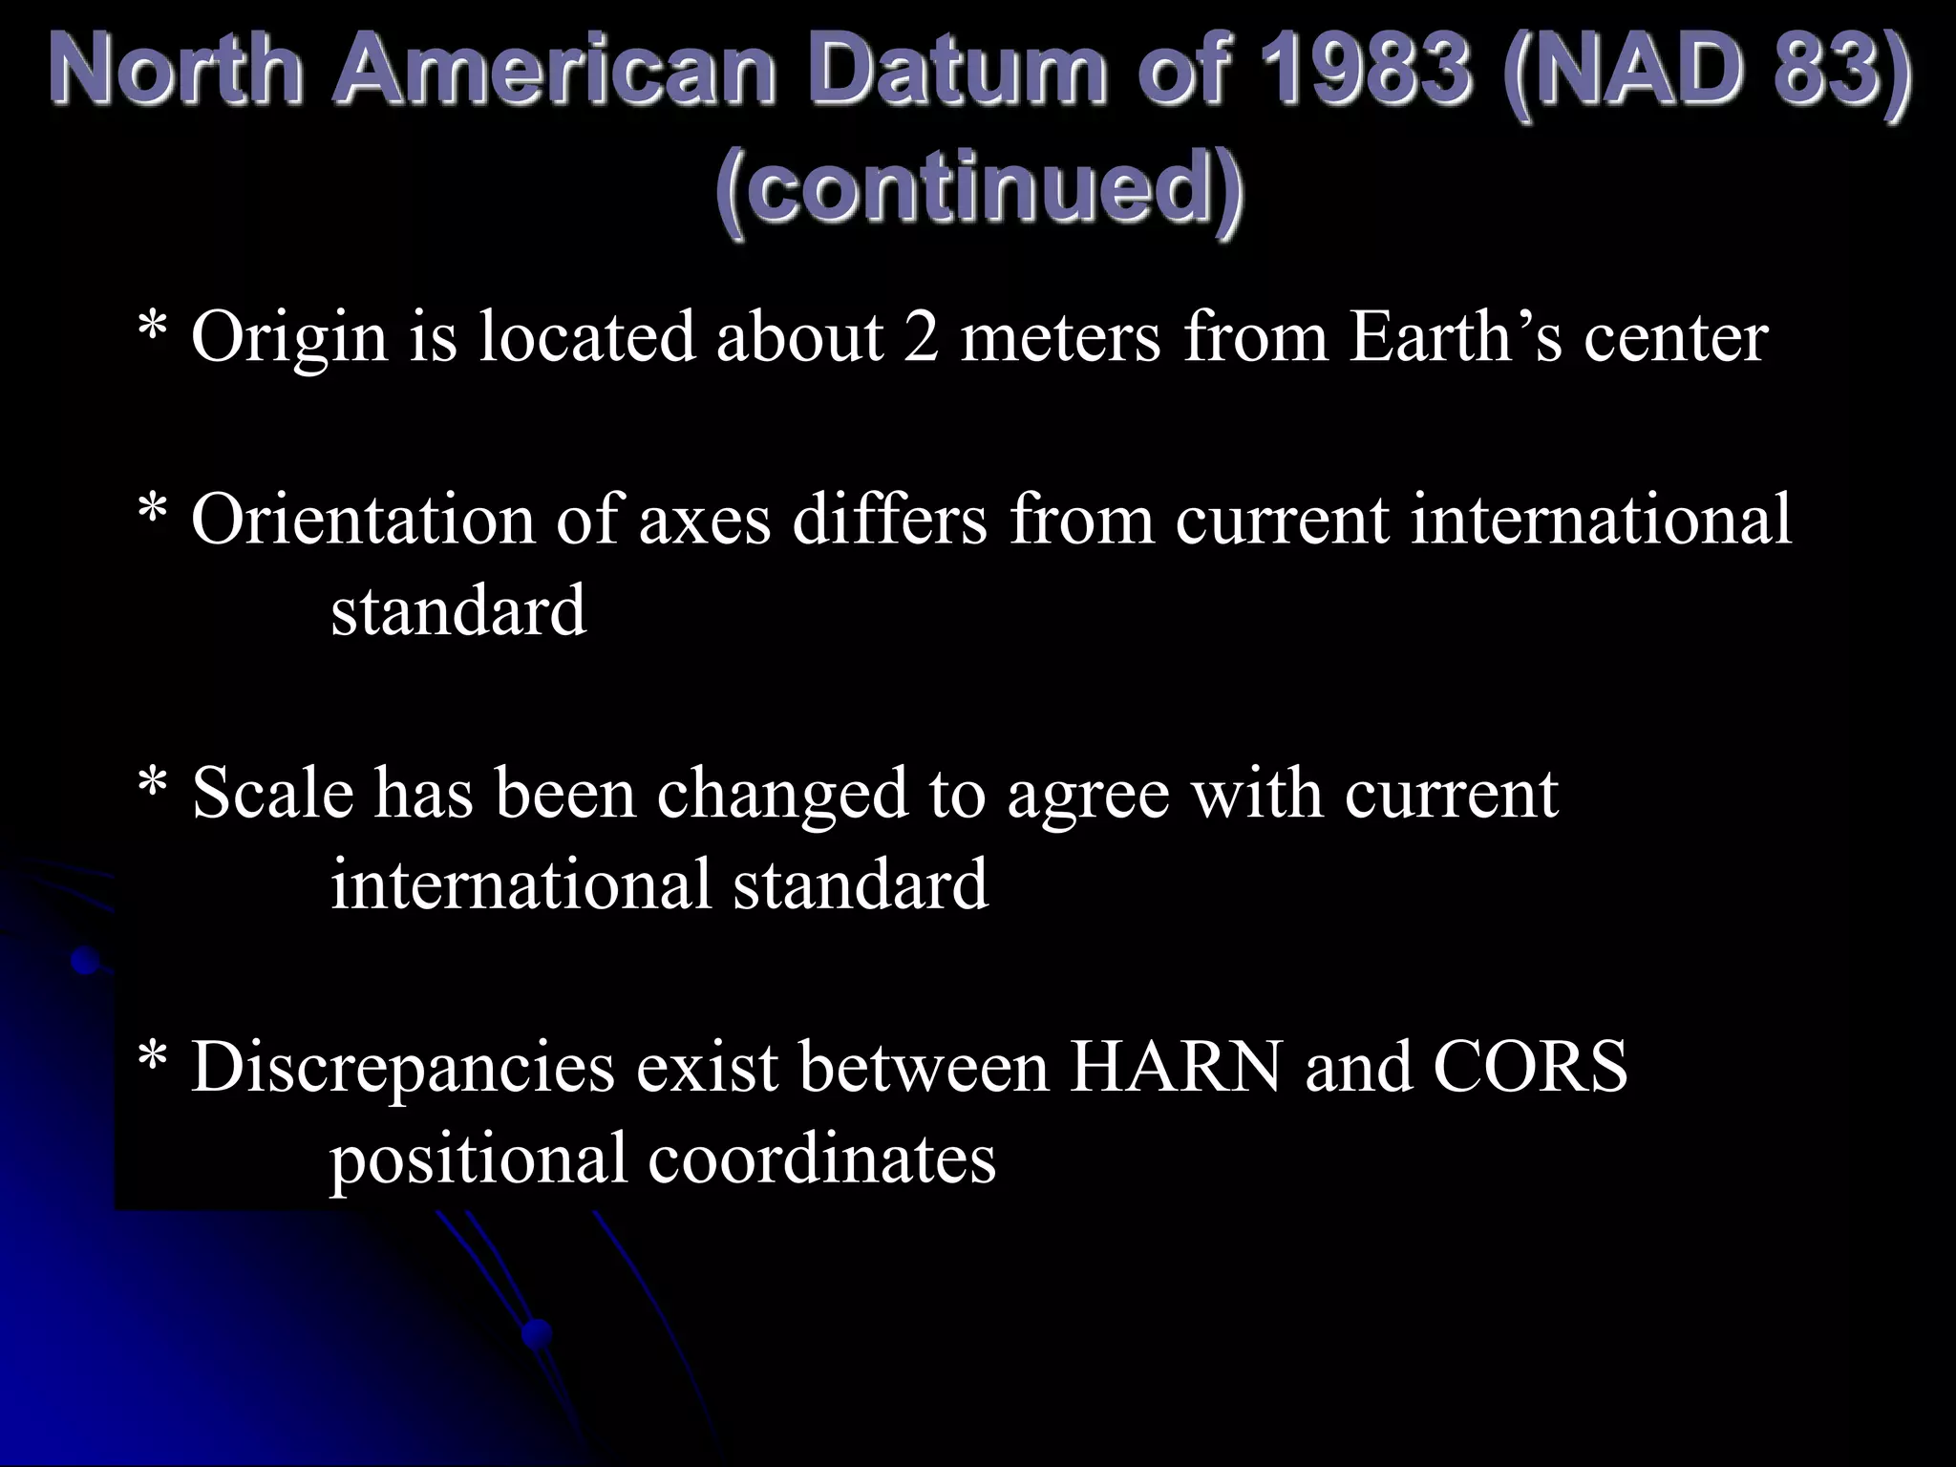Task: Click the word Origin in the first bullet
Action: point(289,339)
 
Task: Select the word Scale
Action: point(272,794)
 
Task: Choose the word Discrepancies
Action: point(403,1069)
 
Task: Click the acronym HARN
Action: point(1176,1067)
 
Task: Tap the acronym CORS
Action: point(1531,1067)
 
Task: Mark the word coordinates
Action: point(822,1159)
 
